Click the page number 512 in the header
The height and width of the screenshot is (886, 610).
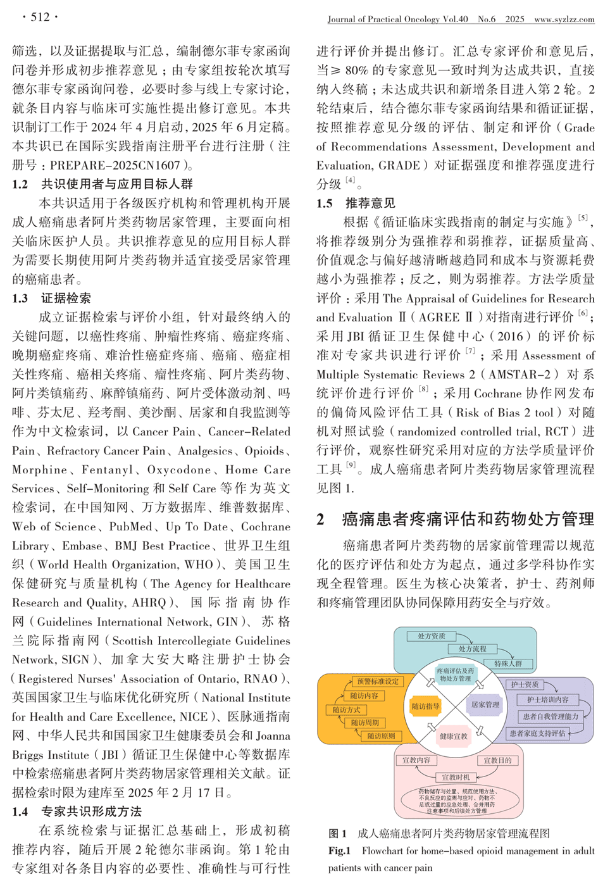[40, 16]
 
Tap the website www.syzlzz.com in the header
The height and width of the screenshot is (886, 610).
[564, 20]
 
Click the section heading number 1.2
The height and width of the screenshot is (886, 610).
[20, 184]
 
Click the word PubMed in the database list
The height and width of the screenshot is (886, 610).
[131, 527]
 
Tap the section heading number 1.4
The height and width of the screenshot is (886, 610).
[20, 811]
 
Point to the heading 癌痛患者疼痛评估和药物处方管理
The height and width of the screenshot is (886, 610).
[468, 519]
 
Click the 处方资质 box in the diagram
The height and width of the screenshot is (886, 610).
[431, 636]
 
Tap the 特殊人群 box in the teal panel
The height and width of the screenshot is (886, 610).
[508, 663]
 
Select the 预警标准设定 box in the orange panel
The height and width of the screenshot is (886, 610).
[378, 682]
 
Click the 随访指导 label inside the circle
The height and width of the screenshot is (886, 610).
[425, 706]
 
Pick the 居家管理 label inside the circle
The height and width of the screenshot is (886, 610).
[485, 704]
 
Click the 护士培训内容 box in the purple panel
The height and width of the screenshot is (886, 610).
[547, 699]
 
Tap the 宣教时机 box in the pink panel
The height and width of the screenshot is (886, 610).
[456, 777]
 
